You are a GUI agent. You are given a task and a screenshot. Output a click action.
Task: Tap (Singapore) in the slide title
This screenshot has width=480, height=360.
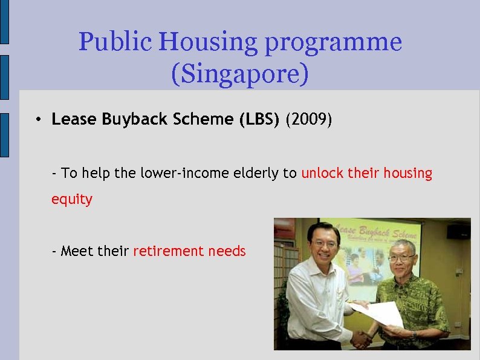(x=240, y=74)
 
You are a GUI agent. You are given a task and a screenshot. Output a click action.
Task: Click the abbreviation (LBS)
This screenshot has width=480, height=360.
(x=260, y=120)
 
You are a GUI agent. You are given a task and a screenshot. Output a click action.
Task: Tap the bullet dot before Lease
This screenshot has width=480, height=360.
(x=37, y=120)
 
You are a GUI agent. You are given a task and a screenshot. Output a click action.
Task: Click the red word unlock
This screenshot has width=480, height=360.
(x=323, y=174)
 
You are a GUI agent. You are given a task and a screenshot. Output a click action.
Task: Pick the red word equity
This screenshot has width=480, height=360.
(x=72, y=200)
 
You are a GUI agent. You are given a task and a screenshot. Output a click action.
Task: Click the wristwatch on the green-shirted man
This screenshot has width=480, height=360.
(x=415, y=333)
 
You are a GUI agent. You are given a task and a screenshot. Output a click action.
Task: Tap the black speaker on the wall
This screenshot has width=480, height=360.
(x=458, y=232)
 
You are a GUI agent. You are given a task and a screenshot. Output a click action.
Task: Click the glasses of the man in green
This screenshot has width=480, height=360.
(x=401, y=257)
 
